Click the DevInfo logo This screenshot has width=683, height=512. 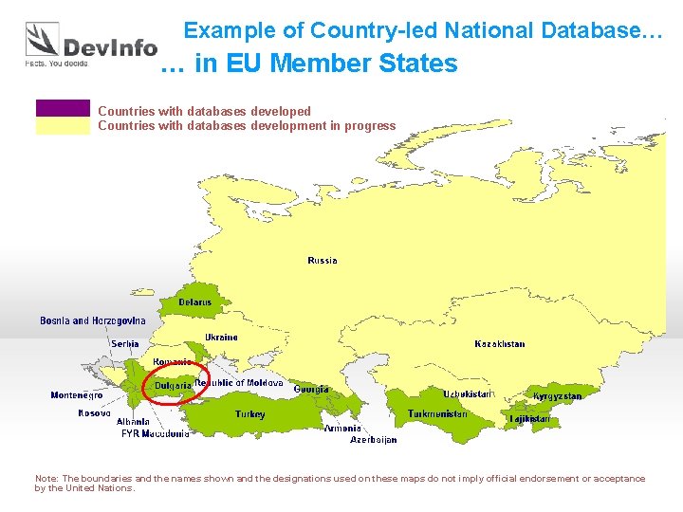pyautogui.click(x=90, y=45)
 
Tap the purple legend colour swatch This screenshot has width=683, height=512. pyautogui.click(x=63, y=108)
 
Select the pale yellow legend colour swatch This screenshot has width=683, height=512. pyautogui.click(x=63, y=126)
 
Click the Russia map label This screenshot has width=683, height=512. pyautogui.click(x=323, y=261)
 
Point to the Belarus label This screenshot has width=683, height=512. pyautogui.click(x=195, y=302)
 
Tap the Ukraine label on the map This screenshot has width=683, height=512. pyautogui.click(x=221, y=338)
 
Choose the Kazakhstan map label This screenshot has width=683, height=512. pyautogui.click(x=500, y=344)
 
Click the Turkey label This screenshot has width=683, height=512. pyautogui.click(x=250, y=414)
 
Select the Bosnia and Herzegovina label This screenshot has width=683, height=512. pyautogui.click(x=93, y=321)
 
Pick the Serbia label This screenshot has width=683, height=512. pyautogui.click(x=125, y=344)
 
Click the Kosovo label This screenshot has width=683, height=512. pyautogui.click(x=94, y=413)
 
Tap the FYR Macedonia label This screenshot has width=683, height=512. pyautogui.click(x=156, y=434)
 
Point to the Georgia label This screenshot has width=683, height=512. pyautogui.click(x=311, y=390)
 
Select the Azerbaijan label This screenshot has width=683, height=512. pyautogui.click(x=374, y=440)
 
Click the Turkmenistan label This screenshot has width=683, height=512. pyautogui.click(x=437, y=414)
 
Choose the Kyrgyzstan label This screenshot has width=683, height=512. pyautogui.click(x=558, y=396)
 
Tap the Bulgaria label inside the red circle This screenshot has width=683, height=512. pyautogui.click(x=174, y=386)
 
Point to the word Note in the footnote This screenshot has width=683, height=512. pyautogui.click(x=46, y=479)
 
